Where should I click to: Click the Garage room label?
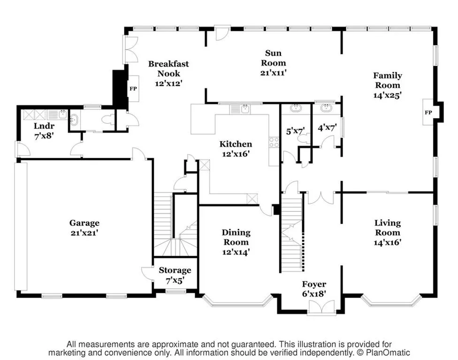coord(84,223)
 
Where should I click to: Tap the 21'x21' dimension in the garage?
coord(84,232)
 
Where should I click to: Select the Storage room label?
coord(175,270)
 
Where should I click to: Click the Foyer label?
coord(314,285)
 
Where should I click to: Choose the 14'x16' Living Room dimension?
coord(387,242)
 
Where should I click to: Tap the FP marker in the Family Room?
coord(428,112)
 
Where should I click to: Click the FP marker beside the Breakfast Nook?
coord(133,87)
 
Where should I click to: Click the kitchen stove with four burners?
coord(274,142)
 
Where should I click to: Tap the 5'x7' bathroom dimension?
coord(296,132)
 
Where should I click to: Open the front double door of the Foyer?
coord(321,307)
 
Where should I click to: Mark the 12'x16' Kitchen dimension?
coord(236,153)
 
